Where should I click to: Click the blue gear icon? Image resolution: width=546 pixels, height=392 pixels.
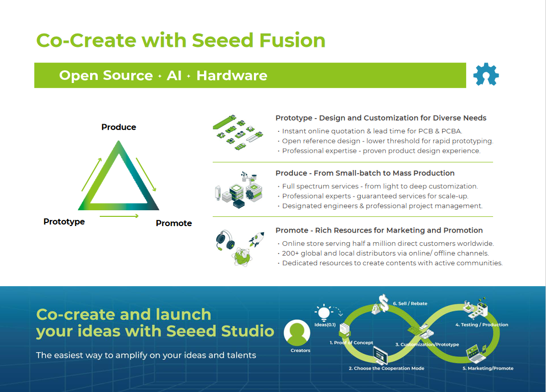[x=486, y=75]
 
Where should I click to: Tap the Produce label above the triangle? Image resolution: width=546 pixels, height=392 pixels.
[x=119, y=127]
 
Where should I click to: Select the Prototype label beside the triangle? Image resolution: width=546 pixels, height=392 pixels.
[x=64, y=221]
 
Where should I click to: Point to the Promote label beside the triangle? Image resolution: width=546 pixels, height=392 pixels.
[x=174, y=223]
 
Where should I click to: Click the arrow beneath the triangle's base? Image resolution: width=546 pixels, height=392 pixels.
[x=119, y=216]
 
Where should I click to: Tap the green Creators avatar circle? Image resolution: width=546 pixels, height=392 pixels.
[x=297, y=333]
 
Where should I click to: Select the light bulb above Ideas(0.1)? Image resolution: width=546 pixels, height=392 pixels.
[x=324, y=312]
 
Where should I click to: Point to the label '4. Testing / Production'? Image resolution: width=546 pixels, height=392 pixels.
[x=481, y=325]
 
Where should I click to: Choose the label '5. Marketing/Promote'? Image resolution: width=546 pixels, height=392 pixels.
[x=487, y=368]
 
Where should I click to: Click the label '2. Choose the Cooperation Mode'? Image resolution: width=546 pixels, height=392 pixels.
[x=386, y=368]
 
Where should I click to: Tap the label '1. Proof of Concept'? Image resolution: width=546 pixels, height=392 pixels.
[x=351, y=343]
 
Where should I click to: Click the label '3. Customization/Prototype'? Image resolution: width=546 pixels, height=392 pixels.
[x=427, y=345]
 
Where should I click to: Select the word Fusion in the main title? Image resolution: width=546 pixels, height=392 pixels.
[x=293, y=40]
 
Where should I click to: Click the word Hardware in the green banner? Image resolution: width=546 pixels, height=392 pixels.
[x=232, y=76]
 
